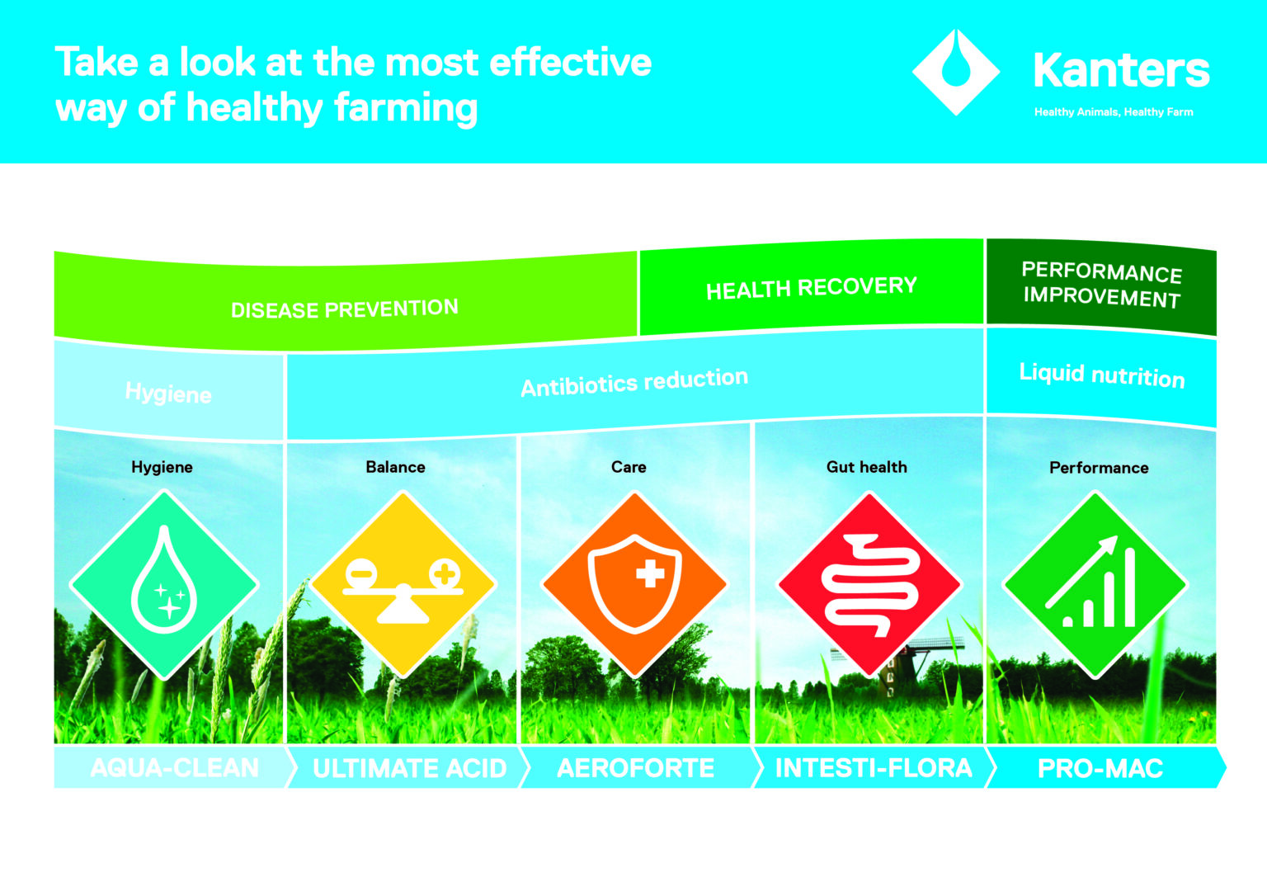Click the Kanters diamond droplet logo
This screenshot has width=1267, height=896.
click(x=955, y=72)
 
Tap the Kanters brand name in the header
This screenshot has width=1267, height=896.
click(x=1120, y=70)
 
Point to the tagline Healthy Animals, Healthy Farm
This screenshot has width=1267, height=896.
click(x=1114, y=112)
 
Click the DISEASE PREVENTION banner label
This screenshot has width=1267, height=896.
click(x=344, y=309)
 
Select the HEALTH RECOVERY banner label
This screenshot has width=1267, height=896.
click(x=811, y=288)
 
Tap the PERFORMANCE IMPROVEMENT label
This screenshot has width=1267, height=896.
click(x=1101, y=285)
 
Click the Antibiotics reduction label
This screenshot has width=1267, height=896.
click(x=633, y=382)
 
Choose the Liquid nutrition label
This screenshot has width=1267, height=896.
click(x=1101, y=375)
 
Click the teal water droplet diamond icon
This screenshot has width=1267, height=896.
click(x=164, y=585)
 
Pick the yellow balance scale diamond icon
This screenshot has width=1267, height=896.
click(x=403, y=585)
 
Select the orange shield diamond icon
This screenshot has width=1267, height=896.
click(x=634, y=585)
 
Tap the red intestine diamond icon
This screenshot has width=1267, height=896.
click(x=869, y=585)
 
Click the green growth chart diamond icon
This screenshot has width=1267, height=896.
click(x=1095, y=585)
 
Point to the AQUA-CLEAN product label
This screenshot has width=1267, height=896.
click(x=174, y=768)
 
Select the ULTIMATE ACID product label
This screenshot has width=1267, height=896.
click(x=409, y=769)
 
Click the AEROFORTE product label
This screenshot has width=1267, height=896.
click(x=635, y=769)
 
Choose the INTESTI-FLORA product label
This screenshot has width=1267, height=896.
click(x=874, y=769)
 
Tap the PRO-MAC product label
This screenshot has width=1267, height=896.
click(x=1100, y=769)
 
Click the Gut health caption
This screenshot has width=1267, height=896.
click(x=866, y=467)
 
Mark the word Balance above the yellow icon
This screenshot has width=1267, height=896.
click(x=395, y=467)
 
